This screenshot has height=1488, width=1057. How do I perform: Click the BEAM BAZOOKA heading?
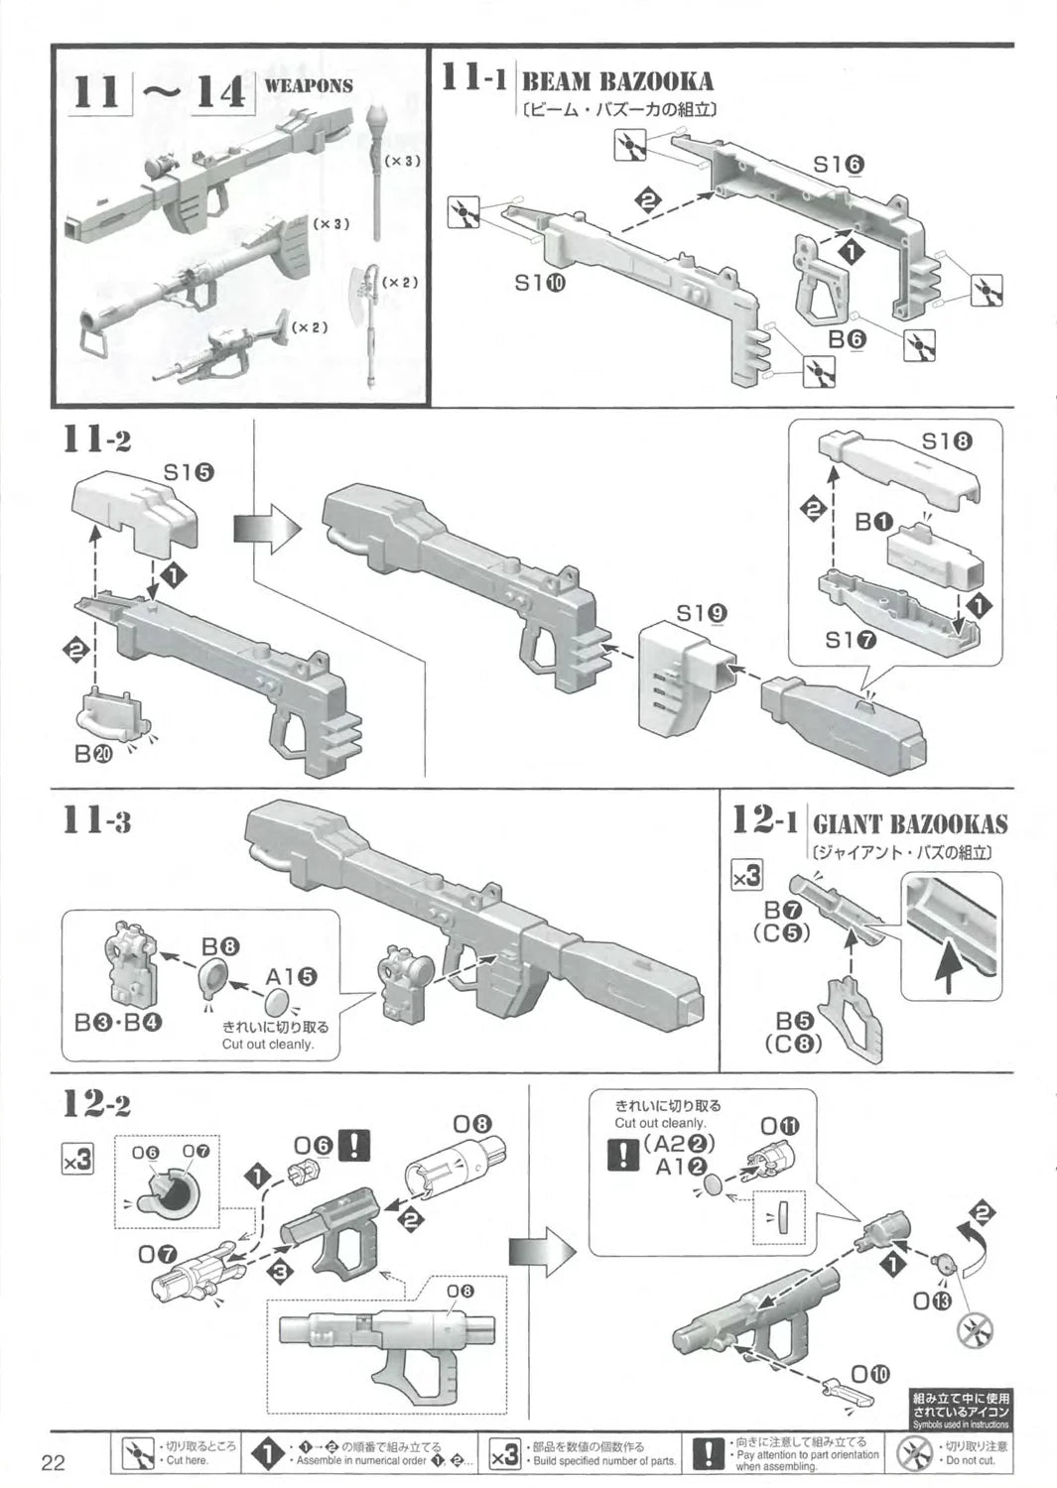click(616, 80)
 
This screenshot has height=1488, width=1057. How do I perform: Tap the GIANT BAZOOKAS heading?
click(909, 824)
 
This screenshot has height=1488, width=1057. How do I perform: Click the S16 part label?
click(839, 166)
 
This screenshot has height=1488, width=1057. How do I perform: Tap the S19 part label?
click(702, 614)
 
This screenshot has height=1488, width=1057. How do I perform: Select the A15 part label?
click(292, 977)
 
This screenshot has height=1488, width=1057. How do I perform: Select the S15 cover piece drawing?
click(134, 516)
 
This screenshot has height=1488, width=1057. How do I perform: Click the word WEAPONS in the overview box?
click(309, 86)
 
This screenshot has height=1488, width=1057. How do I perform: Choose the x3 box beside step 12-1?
click(746, 877)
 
